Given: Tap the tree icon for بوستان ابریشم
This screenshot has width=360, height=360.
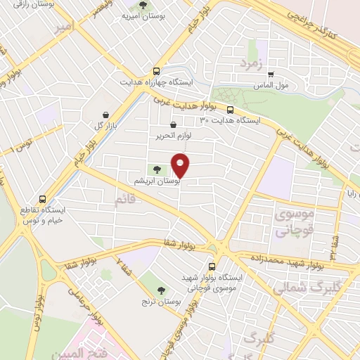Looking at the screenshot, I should tap(157, 169).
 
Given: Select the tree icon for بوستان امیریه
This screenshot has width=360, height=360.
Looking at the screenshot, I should tap(144, 6).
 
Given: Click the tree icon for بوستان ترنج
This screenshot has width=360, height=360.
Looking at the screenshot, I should tap(161, 290).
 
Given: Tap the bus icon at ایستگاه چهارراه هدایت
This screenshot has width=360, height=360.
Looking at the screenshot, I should tap(156, 71).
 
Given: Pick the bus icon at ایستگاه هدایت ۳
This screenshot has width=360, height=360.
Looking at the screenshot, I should tap(230, 109).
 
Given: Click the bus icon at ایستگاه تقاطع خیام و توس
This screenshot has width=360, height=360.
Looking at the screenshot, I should tap(44, 199).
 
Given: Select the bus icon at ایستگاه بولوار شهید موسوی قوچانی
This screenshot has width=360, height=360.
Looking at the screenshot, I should tap(213, 266).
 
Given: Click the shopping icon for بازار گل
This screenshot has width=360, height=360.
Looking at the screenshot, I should tap(105, 115).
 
